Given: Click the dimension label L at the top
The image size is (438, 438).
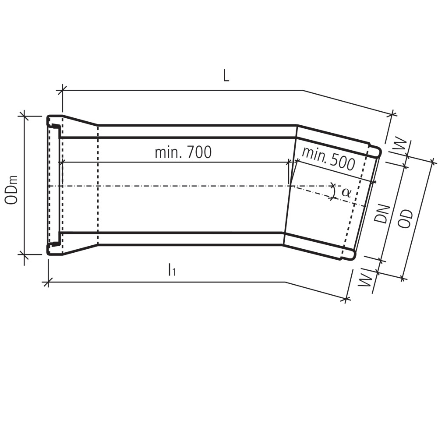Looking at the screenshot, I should (x=226, y=75).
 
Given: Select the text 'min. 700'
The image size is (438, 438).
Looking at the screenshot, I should (x=183, y=152).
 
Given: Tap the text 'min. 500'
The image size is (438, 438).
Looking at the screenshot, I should (x=328, y=159).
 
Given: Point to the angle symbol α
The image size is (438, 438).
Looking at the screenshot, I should (x=346, y=192).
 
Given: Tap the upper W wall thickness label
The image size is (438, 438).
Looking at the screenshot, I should (x=400, y=147).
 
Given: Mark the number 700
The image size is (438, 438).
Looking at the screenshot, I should (x=199, y=152).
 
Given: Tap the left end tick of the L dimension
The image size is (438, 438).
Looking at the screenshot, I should (x=62, y=90).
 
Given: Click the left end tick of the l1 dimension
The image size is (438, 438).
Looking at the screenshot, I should (x=47, y=282).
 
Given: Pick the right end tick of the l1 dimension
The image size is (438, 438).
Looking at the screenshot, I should (x=347, y=300).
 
